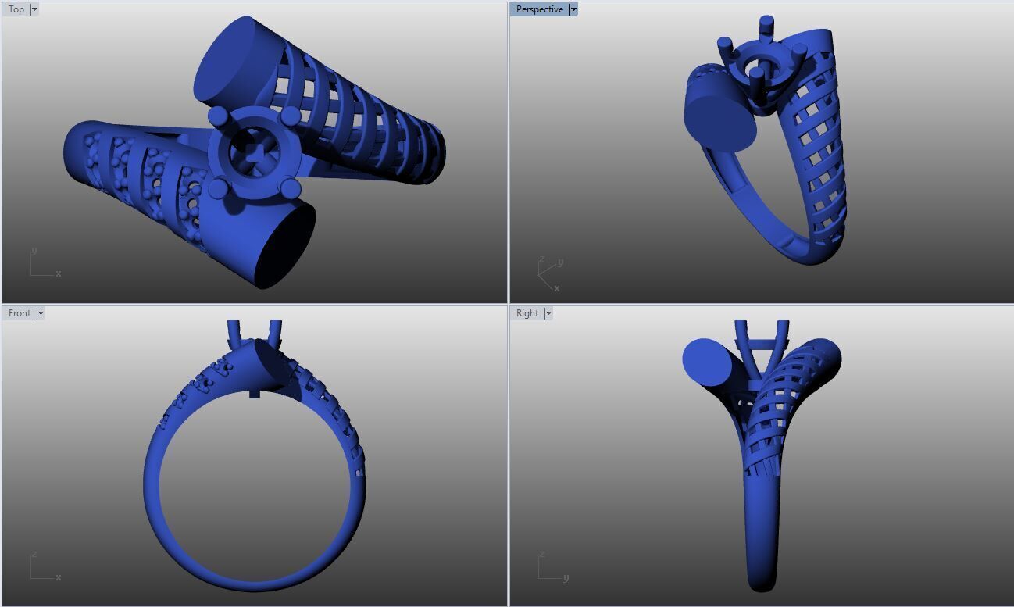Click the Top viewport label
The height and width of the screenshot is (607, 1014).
point(16,9)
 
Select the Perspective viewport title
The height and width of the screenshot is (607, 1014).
point(539,9)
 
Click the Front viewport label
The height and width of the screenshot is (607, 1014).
point(20,313)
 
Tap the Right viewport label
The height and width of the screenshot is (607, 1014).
point(527,313)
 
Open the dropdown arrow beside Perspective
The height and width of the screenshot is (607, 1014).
point(573,9)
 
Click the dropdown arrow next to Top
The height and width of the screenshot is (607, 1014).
point(34,9)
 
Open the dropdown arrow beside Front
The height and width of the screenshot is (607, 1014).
point(41,313)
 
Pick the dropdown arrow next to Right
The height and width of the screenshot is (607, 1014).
point(548,313)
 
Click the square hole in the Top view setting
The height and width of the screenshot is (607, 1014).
point(255,152)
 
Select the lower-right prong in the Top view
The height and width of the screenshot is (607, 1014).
point(290,188)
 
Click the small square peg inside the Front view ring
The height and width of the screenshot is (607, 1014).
point(254,393)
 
